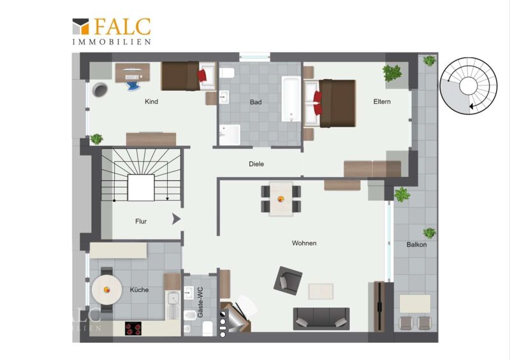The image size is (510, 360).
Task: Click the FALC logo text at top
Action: [122, 26]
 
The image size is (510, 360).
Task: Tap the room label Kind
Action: [151, 101]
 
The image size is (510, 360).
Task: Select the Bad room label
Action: [256, 102]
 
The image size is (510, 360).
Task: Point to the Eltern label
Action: [382, 101]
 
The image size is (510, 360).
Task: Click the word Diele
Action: [256, 164]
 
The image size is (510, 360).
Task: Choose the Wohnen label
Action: [304, 243]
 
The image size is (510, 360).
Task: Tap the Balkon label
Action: [416, 245]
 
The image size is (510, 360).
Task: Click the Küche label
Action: [139, 290]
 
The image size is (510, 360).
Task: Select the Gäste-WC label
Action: [200, 302]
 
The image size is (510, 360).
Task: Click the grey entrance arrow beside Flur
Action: [176, 219]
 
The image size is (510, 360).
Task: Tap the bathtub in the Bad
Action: [291, 99]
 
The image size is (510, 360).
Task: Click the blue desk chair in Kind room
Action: [133, 85]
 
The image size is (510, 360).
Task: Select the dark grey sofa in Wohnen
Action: [321, 319]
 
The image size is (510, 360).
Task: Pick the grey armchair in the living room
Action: [288, 280]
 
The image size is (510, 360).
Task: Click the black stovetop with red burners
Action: [133, 328]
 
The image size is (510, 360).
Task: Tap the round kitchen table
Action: [106, 289]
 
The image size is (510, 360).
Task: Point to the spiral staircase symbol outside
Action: [469, 86]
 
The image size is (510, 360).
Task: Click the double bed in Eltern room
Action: [330, 103]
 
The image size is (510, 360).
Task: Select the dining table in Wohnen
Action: [280, 199]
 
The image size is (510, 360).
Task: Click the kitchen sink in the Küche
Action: [173, 305]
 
